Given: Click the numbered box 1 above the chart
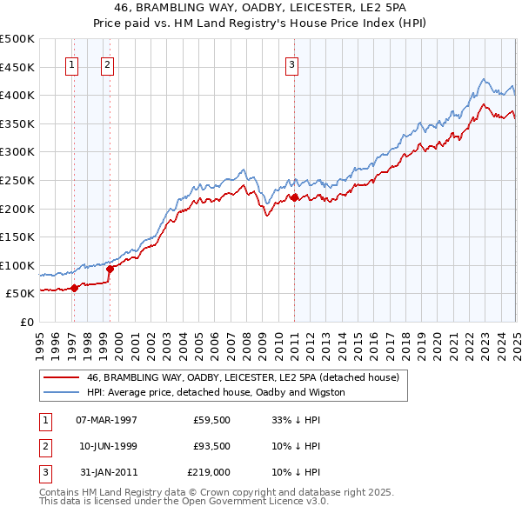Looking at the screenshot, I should click(70, 63).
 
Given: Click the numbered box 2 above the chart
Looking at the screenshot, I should click(106, 63).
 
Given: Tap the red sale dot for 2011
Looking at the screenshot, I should click(294, 197).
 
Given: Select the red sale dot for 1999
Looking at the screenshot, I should click(110, 269).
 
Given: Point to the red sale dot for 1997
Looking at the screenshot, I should click(74, 288).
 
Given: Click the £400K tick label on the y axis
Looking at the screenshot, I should click(18, 95).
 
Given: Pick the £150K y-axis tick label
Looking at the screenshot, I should click(18, 237).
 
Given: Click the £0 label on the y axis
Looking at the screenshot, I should click(27, 322).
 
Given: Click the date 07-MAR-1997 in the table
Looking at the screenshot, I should click(106, 419).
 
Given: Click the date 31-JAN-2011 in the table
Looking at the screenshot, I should click(106, 472).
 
